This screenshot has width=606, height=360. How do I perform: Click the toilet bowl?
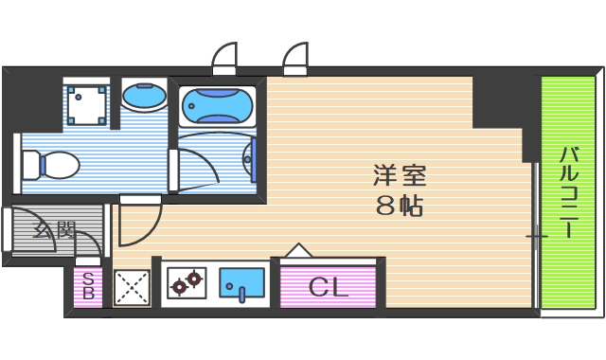tap(57, 166)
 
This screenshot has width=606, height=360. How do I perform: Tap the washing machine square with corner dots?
tap(86, 103)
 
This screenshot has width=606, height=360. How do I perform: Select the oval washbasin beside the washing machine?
tap(144, 96)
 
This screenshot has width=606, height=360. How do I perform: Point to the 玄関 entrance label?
tap(54, 230)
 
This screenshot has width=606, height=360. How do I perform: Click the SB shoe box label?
tap(88, 285)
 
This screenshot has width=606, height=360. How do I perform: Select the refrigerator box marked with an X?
tap(132, 286)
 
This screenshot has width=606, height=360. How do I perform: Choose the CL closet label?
tap(329, 285)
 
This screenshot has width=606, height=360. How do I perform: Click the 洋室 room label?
tap(399, 175)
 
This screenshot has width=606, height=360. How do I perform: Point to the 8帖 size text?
tap(399, 205)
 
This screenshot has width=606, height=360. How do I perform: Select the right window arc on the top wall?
tap(296, 59)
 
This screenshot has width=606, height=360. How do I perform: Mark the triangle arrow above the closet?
tap(298, 250)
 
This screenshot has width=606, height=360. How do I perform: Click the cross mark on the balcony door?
tap(537, 234)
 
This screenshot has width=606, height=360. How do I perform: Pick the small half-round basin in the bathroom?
tap(251, 158)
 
